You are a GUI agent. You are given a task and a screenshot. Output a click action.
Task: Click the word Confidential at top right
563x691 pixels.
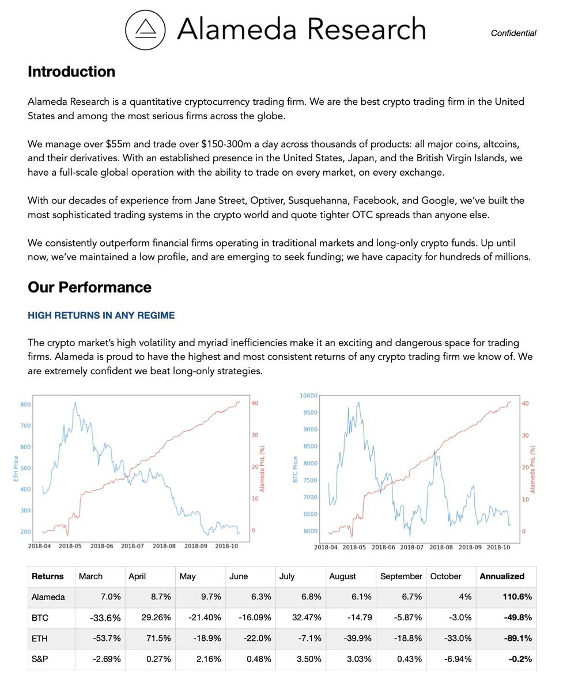coord(513,33)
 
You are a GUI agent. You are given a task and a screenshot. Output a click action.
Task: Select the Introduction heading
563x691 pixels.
coord(71,72)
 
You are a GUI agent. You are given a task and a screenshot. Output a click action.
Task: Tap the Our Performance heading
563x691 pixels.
coord(89,287)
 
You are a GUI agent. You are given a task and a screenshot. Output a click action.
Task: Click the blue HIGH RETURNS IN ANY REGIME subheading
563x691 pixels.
coord(101,316)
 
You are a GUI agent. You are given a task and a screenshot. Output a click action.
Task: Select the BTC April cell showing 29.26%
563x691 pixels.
coord(156,618)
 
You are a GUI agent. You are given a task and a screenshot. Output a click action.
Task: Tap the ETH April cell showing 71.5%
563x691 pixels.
coord(159,639)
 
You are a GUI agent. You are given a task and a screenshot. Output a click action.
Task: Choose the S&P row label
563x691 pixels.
coord(40,659)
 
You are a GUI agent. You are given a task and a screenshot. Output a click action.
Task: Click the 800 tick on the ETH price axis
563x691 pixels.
coord(25,405)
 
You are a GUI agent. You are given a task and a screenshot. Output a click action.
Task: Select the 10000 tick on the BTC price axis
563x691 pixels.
coord(308,396)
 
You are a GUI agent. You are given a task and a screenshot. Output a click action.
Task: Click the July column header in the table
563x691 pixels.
coord(287,576)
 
